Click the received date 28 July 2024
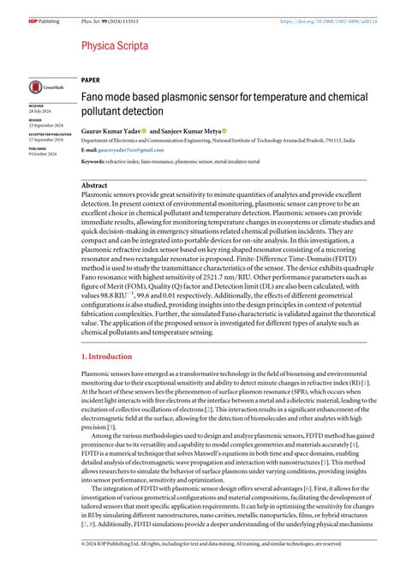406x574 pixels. click(39, 110)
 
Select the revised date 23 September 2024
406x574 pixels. click(45, 125)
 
